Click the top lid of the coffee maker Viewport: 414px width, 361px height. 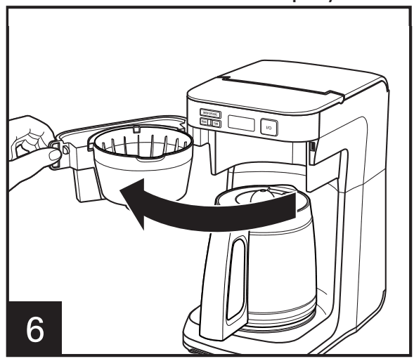(x=295, y=81)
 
